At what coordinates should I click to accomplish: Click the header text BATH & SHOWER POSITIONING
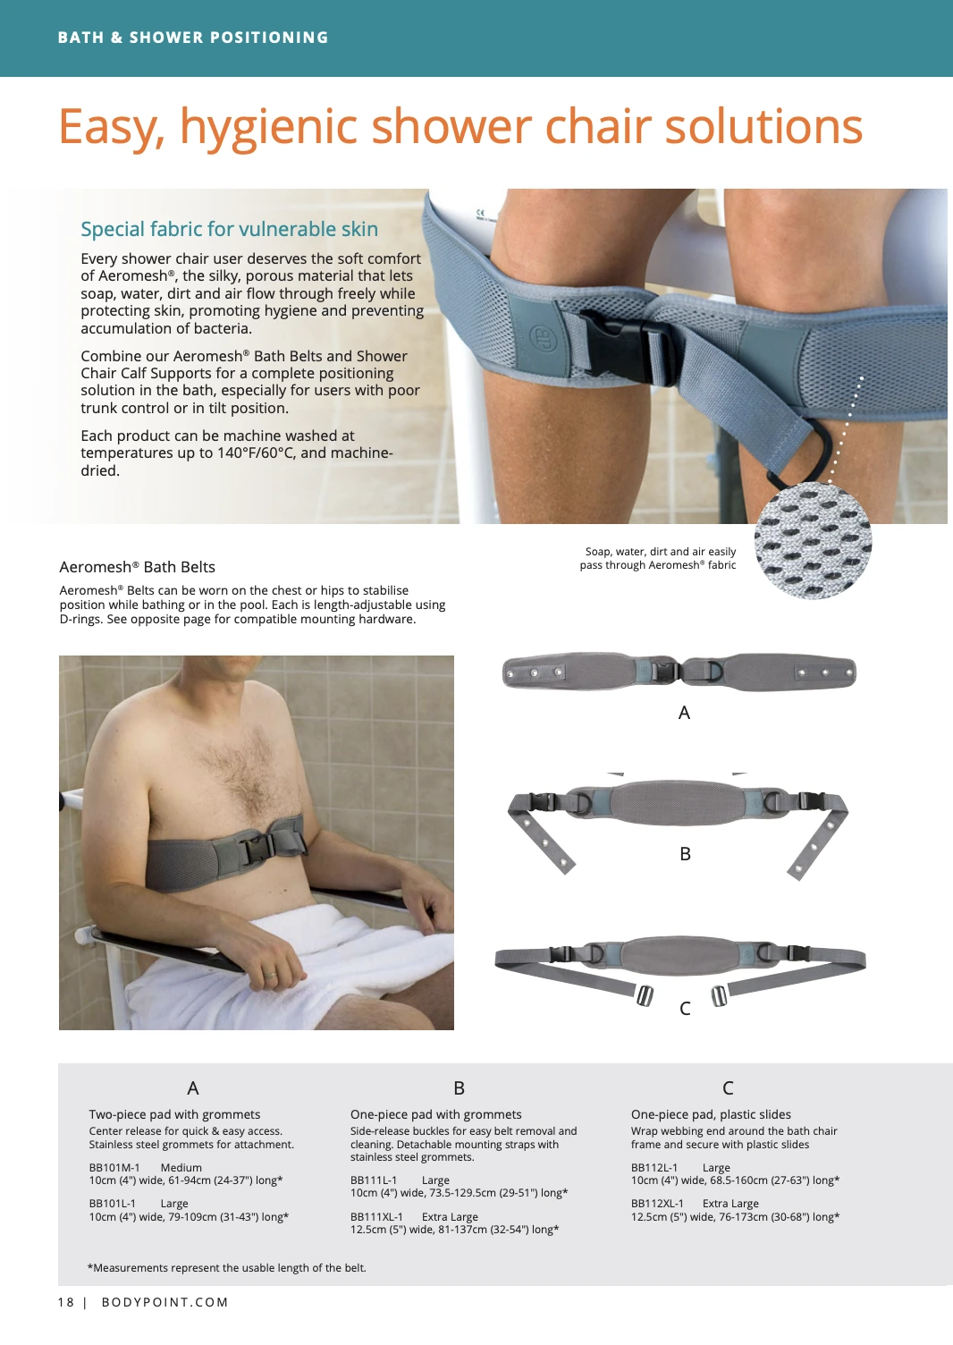[192, 38]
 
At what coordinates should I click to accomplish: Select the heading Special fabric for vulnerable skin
[229, 229]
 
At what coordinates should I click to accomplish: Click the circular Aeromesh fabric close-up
[813, 540]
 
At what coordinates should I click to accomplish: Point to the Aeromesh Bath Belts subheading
[137, 567]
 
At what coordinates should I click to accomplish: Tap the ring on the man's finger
[271, 976]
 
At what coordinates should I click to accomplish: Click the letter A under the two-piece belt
[684, 713]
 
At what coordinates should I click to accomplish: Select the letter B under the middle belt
[685, 854]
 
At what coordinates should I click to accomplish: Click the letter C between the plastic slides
[685, 1008]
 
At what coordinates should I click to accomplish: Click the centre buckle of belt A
[665, 671]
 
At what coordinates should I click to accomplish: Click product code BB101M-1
[114, 1167]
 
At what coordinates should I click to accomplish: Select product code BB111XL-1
[377, 1216]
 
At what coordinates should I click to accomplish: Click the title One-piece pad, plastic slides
[711, 1114]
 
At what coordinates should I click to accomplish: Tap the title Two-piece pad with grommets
[174, 1114]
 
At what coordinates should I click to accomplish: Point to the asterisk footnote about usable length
[227, 1267]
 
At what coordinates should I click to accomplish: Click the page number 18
[66, 1302]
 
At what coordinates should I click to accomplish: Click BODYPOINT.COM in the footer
[165, 1302]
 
